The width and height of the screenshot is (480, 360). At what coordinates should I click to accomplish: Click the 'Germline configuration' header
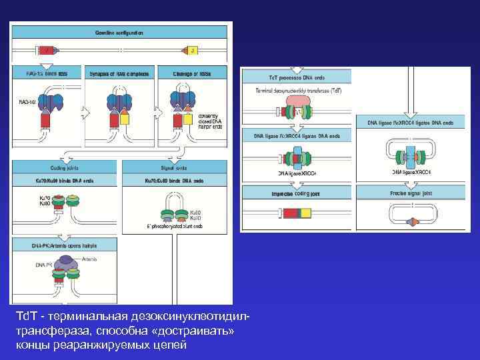click(121, 32)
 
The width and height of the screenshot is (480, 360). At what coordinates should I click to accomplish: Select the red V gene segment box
click(47, 50)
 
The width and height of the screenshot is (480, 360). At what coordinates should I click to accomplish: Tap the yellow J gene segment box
click(192, 50)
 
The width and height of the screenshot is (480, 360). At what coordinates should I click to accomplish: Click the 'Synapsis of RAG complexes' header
click(118, 73)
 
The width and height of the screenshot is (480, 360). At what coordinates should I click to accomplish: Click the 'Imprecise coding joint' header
click(295, 195)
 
